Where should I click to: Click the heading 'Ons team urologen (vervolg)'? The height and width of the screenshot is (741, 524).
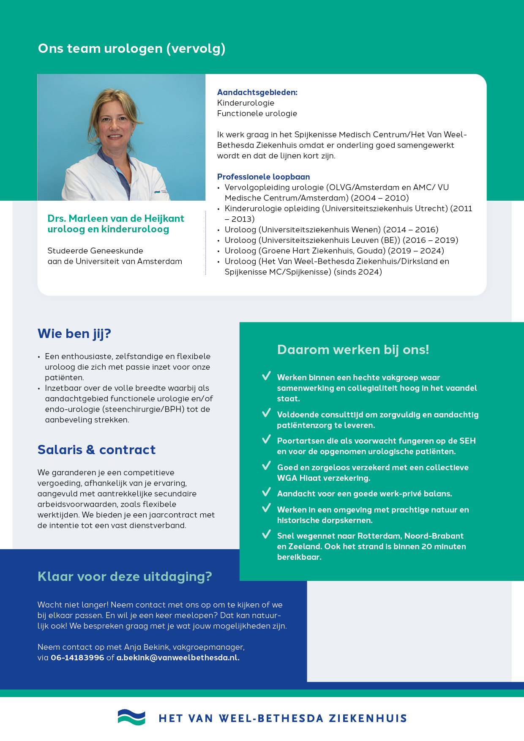point(131,49)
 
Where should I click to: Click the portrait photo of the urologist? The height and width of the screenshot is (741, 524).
point(121,137)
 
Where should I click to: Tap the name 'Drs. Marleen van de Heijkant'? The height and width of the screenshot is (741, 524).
point(116,218)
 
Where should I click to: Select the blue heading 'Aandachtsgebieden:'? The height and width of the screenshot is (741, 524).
point(257,92)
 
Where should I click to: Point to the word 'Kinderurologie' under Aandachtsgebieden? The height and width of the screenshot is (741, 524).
point(246,103)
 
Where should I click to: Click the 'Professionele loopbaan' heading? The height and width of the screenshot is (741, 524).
point(263,177)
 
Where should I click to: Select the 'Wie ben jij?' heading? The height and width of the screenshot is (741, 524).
point(74,333)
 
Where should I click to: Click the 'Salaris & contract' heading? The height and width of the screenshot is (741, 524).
point(96,450)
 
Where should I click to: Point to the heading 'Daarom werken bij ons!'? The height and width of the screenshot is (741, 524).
point(353,349)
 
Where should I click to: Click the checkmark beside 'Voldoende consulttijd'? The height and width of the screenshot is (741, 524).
point(266,413)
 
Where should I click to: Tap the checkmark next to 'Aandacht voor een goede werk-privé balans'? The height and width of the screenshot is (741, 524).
point(266,492)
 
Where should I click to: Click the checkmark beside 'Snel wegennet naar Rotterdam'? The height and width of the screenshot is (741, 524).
point(266,534)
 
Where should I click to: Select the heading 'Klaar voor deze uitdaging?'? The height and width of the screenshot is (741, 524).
point(125,576)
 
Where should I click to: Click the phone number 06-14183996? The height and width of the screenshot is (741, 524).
point(77,657)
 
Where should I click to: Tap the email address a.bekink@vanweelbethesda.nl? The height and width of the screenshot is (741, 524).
point(178,657)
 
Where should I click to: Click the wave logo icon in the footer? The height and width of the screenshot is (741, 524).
point(131,717)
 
